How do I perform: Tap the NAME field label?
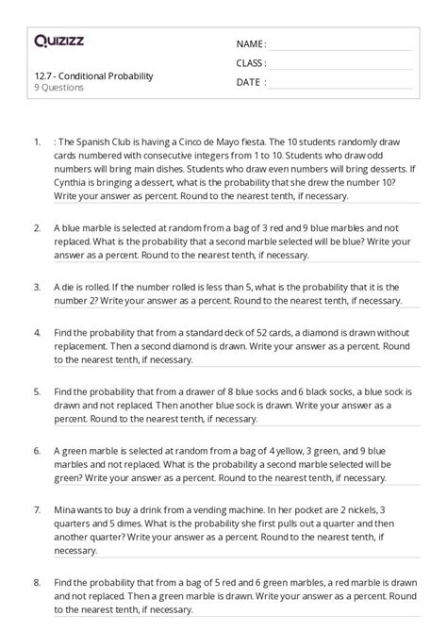click(x=250, y=44)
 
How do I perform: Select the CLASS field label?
click(x=250, y=63)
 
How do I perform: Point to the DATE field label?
click(x=249, y=82)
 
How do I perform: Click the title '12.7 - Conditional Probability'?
click(x=92, y=75)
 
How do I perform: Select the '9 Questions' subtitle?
click(x=58, y=88)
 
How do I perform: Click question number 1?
click(x=36, y=142)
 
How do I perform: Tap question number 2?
click(x=36, y=228)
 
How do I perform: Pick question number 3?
click(x=36, y=286)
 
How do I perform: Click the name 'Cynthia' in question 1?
click(x=78, y=182)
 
